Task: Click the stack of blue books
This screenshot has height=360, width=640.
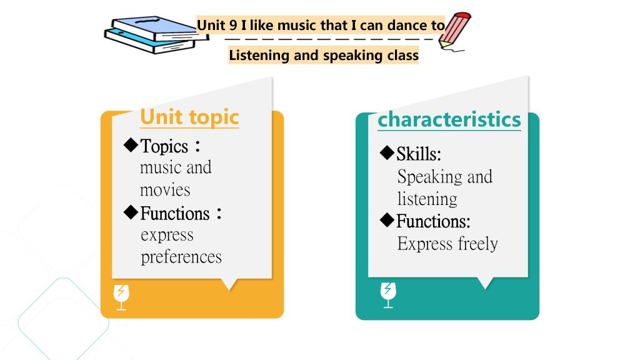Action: click(x=156, y=35)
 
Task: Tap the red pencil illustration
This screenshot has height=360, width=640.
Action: click(x=455, y=32)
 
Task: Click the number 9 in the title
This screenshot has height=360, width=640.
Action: click(x=233, y=25)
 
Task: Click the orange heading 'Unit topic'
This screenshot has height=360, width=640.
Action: click(x=189, y=117)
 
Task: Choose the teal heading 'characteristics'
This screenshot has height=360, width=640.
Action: click(x=449, y=119)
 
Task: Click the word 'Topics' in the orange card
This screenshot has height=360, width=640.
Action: click(x=164, y=146)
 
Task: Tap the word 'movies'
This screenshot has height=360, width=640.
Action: click(x=165, y=190)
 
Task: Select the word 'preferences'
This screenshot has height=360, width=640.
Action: click(x=181, y=257)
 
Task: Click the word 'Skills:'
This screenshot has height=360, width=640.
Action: click(x=419, y=154)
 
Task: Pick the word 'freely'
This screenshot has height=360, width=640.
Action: click(x=477, y=244)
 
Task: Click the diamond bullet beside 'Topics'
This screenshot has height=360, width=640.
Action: click(x=131, y=145)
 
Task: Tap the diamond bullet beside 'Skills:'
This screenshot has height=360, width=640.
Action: click(x=387, y=152)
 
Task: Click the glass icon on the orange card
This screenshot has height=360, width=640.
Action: click(x=121, y=297)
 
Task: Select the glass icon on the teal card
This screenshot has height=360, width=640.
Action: click(x=388, y=295)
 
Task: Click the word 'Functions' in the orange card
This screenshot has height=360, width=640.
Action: click(x=175, y=214)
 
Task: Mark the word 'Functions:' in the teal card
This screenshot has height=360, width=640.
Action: click(x=434, y=221)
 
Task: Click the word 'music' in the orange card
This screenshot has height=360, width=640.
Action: click(x=158, y=167)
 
